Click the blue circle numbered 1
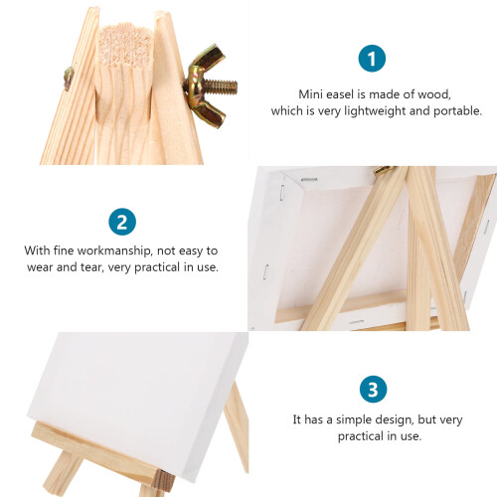coord(372,59)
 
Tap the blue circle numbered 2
coord(122,222)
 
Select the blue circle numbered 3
coord(373,390)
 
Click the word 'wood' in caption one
coord(433,94)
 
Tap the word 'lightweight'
coord(375,110)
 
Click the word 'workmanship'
coord(113,250)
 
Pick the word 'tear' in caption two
coord(91,267)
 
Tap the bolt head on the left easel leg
coord(68,78)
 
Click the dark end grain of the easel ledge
coord(164,481)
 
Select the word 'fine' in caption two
coord(64,250)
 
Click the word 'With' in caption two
coord(37,250)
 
